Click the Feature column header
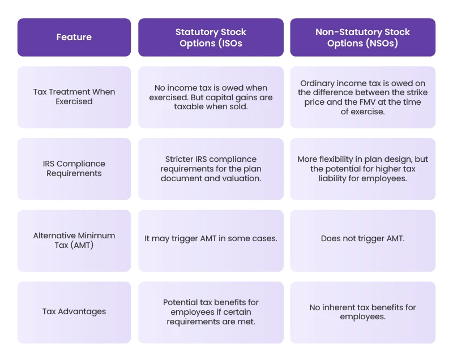tap(74, 37)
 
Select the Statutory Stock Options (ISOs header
tap(211, 37)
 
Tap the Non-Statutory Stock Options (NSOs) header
tap(362, 37)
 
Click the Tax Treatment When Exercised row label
tap(74, 97)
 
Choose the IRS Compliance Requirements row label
tap(74, 169)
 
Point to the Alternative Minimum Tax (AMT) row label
tap(74, 241)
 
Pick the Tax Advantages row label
tap(74, 311)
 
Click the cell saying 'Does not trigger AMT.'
tap(362, 239)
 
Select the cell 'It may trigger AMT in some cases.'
tap(211, 239)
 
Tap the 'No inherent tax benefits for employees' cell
tap(362, 311)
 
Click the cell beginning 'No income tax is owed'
tap(211, 97)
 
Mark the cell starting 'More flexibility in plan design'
tap(362, 169)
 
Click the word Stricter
tap(177, 159)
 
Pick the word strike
tap(416, 92)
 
